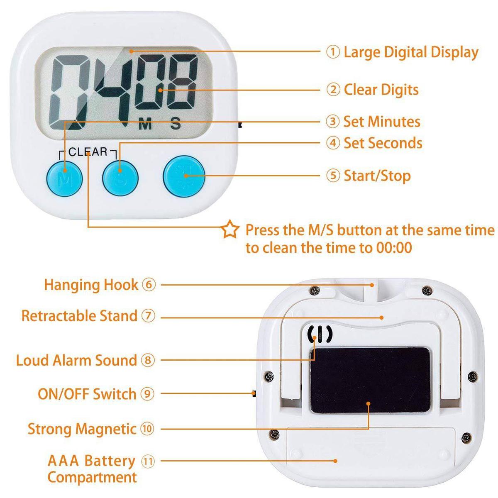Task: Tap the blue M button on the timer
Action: [64, 178]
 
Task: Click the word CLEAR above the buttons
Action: [88, 152]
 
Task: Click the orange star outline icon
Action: [230, 229]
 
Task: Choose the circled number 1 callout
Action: [333, 52]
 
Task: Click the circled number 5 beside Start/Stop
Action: [333, 176]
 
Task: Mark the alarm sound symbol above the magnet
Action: [320, 334]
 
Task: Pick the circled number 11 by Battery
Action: [148, 461]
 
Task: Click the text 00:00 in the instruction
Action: [393, 248]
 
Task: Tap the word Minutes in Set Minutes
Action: [393, 122]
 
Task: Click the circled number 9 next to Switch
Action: [147, 393]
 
